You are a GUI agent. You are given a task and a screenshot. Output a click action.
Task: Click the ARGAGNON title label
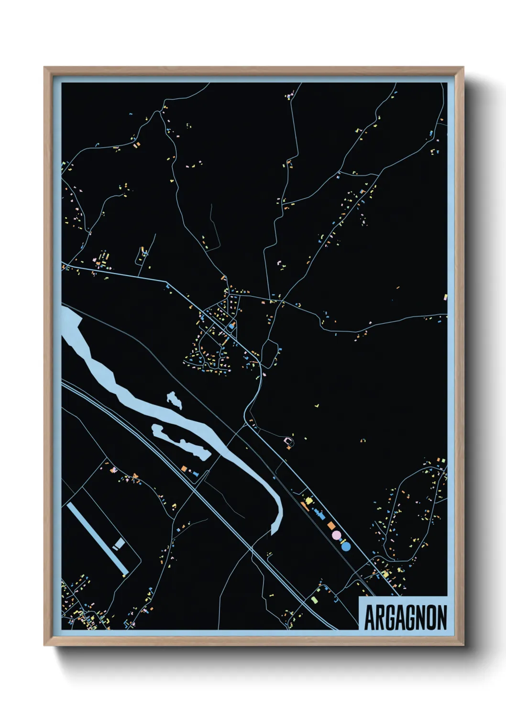coord(406,617)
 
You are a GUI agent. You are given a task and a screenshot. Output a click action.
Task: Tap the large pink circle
coord(336,534)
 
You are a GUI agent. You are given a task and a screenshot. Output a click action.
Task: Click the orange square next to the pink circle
coord(330,526)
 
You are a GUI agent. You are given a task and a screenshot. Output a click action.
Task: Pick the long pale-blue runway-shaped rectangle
coord(98,538)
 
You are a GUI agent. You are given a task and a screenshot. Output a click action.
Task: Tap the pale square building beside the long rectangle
coord(118,543)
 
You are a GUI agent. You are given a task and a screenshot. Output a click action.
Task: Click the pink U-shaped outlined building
coord(288,440)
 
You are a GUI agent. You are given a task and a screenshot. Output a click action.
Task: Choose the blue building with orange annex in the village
coord(232,325)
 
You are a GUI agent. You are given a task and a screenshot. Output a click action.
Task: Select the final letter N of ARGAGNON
coord(441,618)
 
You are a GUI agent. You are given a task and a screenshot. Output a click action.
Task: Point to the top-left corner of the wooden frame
coord(44,67)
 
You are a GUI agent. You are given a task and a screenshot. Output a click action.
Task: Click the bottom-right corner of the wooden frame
coord(463,645)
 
